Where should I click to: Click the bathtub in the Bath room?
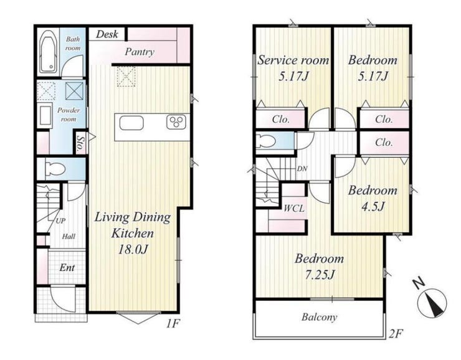click(48, 52)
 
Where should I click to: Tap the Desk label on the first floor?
click(107, 34)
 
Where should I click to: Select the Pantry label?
click(140, 52)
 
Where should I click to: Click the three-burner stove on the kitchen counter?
click(176, 122)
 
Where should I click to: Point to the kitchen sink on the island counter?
click(131, 123)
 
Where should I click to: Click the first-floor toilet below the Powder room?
click(55, 169)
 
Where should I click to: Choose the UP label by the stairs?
click(60, 220)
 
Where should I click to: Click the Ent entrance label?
click(67, 267)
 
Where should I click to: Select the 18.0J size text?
click(133, 250)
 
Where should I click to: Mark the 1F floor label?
click(173, 323)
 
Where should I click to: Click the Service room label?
click(293, 60)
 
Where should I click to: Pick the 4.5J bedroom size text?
click(373, 206)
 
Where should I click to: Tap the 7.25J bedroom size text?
click(320, 275)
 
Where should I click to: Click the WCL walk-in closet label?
click(294, 209)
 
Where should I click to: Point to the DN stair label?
click(302, 169)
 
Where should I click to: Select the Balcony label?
click(320, 317)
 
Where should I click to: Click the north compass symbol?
click(432, 303)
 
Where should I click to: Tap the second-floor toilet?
click(266, 141)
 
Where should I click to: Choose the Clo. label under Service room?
click(281, 119)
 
